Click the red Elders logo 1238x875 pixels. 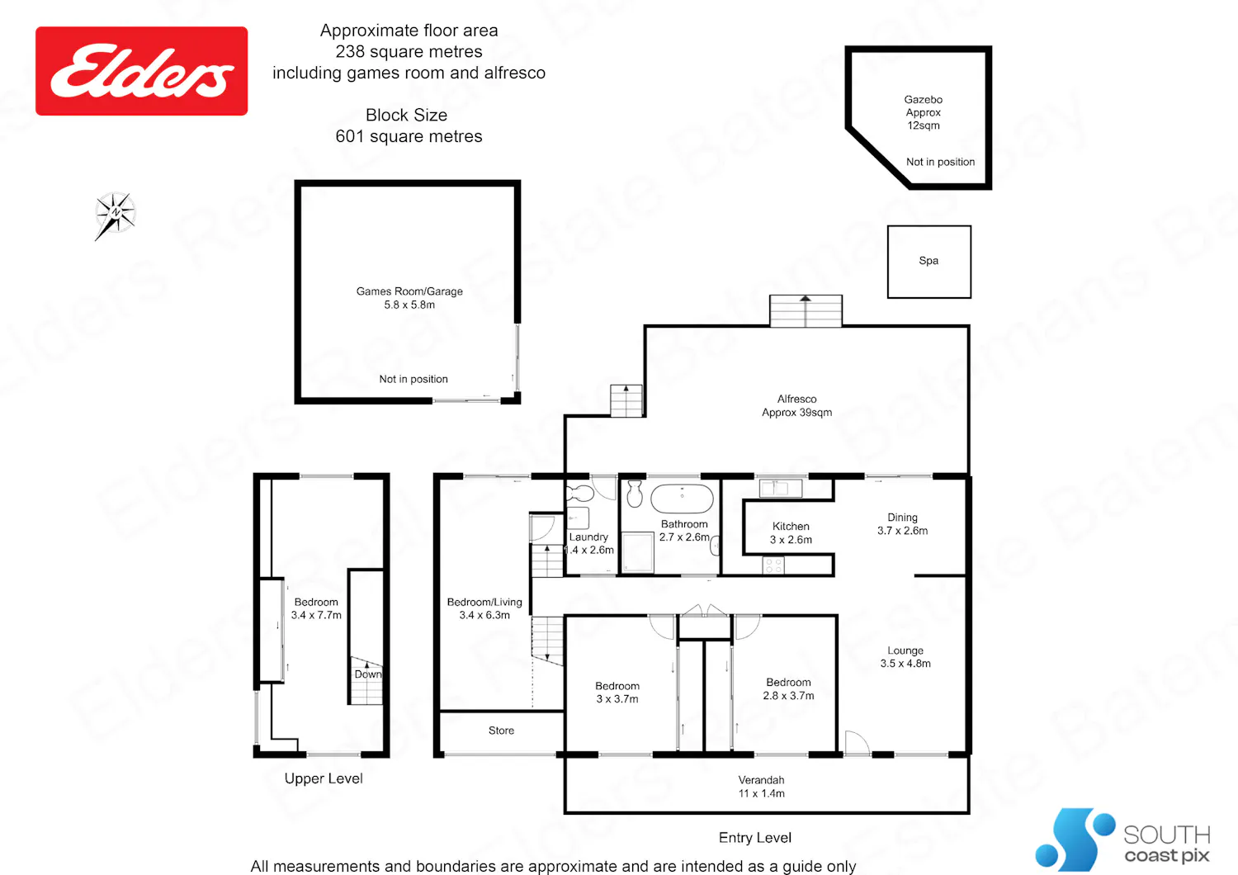pyautogui.click(x=141, y=71)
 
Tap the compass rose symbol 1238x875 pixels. pyautogui.click(x=115, y=215)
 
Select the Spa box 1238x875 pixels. pyautogui.click(x=929, y=262)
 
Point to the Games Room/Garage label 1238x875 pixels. pyautogui.click(x=409, y=297)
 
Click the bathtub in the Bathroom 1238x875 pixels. pyautogui.click(x=682, y=499)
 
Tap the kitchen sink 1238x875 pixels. pyautogui.click(x=781, y=488)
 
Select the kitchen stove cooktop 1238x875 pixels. pyautogui.click(x=773, y=565)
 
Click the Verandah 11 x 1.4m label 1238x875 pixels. pyautogui.click(x=761, y=786)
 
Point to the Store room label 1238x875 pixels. pyautogui.click(x=501, y=731)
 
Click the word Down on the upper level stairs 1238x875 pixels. pyautogui.click(x=368, y=674)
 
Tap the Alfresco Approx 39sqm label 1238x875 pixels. pyautogui.click(x=796, y=405)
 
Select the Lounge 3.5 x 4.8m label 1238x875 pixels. pyautogui.click(x=905, y=657)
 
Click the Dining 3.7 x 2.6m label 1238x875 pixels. pyautogui.click(x=903, y=523)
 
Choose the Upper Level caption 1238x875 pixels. pyautogui.click(x=324, y=778)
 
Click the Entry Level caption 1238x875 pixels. pyautogui.click(x=755, y=837)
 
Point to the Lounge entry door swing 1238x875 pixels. pyautogui.click(x=857, y=742)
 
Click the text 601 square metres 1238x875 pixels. pyautogui.click(x=409, y=136)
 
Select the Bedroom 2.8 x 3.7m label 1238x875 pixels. pyautogui.click(x=788, y=688)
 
